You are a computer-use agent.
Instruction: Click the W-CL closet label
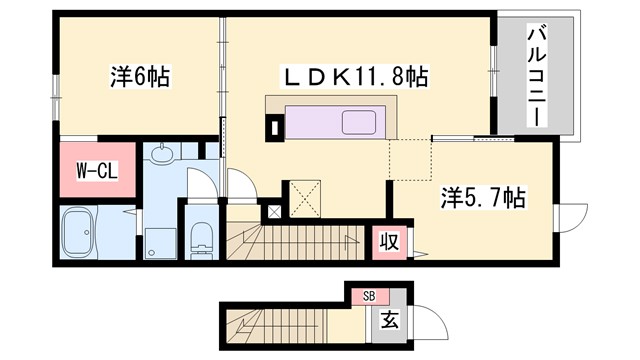[97, 171]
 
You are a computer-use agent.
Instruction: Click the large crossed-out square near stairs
[302, 196]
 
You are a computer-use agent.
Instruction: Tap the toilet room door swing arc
[205, 182]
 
